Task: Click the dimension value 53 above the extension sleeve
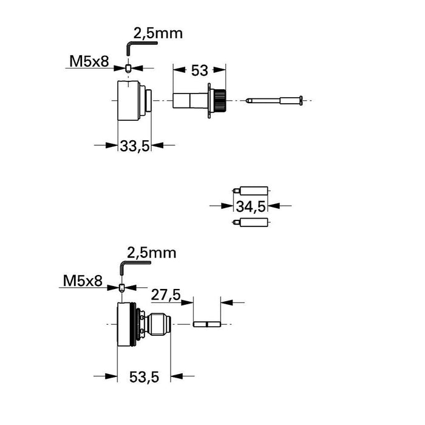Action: pyautogui.click(x=200, y=70)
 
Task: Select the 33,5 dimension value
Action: pyautogui.click(x=134, y=146)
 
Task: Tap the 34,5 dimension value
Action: pyautogui.click(x=251, y=206)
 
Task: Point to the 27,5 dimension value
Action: pyautogui.click(x=165, y=296)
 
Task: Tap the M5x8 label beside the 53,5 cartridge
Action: pyautogui.click(x=83, y=281)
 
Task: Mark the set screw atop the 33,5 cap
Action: pyautogui.click(x=129, y=69)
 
